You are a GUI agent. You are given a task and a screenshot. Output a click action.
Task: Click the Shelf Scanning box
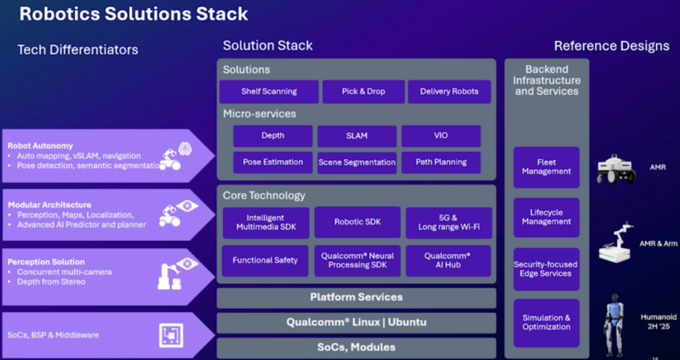269,91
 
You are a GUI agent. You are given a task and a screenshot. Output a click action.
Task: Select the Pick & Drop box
363,91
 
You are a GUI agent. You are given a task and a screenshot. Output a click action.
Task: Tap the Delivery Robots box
449,91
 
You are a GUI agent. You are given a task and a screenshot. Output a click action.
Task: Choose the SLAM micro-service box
356,136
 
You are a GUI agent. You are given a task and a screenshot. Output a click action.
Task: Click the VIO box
441,136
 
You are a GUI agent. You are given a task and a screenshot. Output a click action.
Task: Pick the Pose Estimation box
273,162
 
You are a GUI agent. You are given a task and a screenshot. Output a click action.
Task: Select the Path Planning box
441,162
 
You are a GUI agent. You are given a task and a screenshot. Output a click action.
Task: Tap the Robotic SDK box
357,222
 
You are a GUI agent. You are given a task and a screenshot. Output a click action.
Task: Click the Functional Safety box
265,261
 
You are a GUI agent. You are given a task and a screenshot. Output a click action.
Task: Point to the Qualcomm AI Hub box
447,261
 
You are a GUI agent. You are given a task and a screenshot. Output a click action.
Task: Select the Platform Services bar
356,297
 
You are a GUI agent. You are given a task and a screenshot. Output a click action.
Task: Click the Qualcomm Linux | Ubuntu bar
356,322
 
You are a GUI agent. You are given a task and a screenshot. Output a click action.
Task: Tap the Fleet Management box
546,167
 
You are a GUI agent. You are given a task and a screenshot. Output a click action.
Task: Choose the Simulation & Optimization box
546,323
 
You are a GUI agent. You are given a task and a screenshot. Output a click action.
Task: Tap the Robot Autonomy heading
40,146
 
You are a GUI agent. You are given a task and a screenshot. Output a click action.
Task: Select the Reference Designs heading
611,46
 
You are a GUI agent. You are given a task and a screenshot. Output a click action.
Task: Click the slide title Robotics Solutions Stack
133,14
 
